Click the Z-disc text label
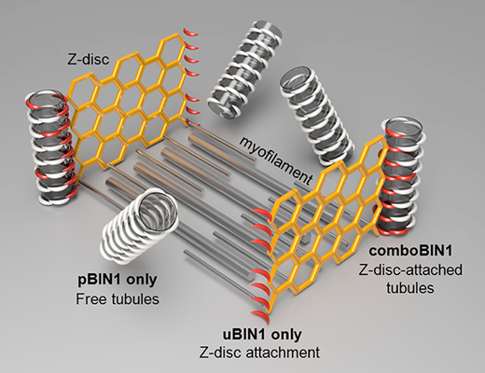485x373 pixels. click(89, 59)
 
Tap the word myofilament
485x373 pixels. click(275, 161)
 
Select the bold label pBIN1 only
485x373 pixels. click(118, 280)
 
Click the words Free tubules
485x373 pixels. click(118, 299)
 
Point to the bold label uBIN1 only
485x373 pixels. click(262, 335)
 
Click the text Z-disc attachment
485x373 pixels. click(258, 352)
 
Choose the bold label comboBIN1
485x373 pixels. click(410, 251)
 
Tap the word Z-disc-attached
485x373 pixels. click(410, 269)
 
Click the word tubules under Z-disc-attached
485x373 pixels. click(410, 287)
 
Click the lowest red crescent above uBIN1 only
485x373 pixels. click(257, 313)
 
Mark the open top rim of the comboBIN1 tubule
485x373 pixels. click(404, 128)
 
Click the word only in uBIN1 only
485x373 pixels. click(286, 336)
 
